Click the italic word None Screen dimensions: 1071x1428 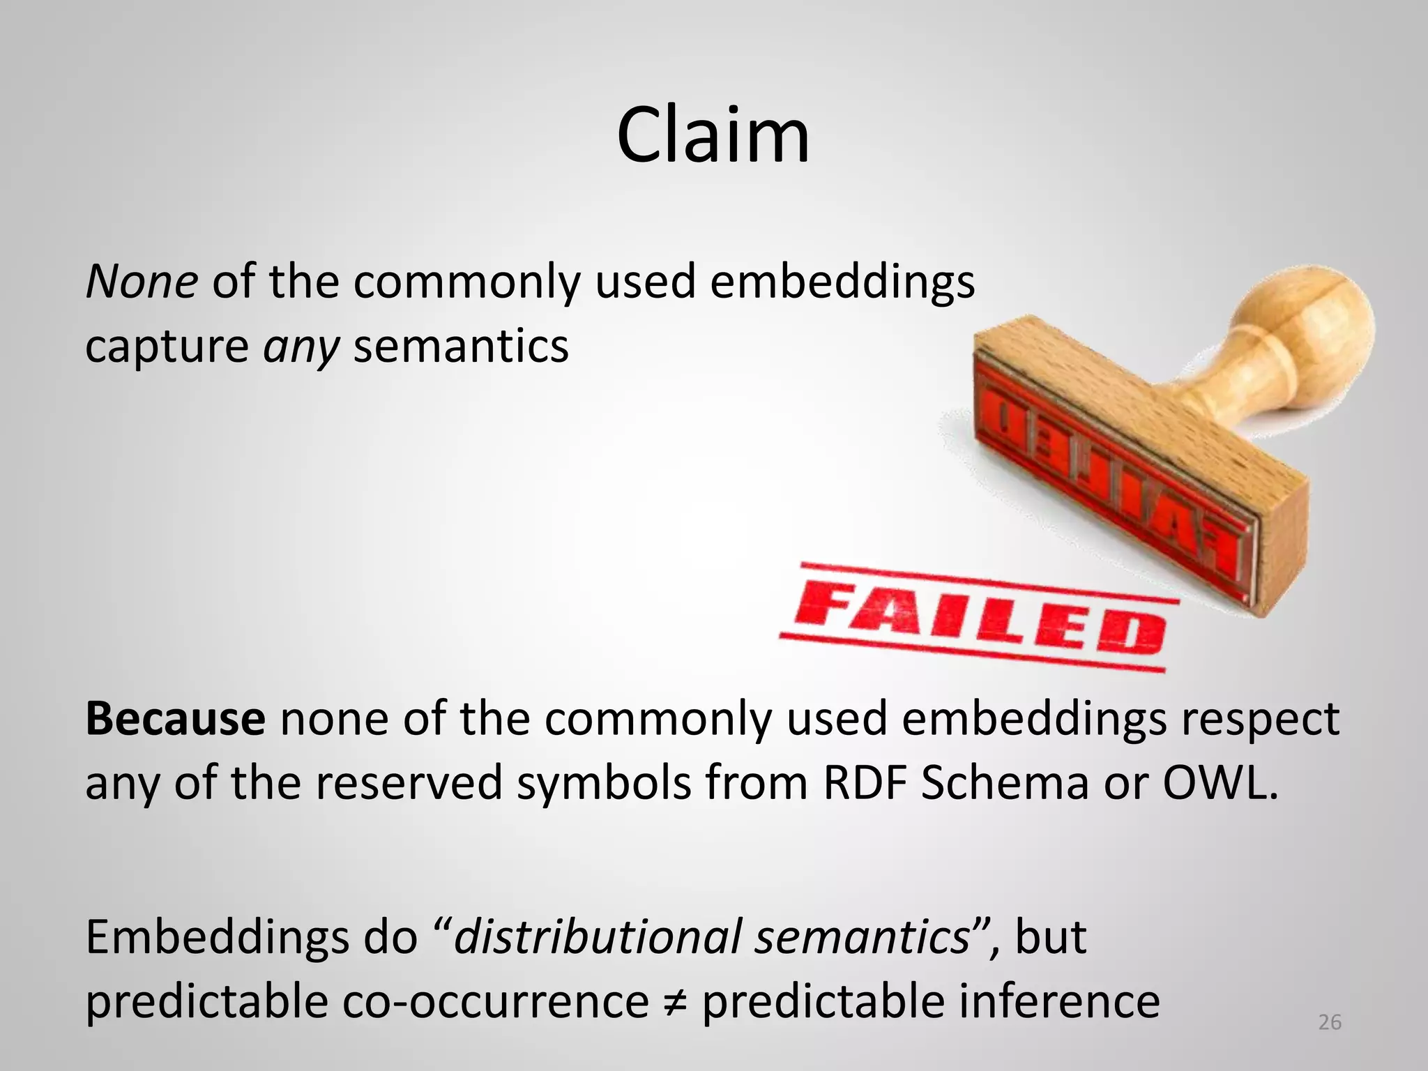coord(142,282)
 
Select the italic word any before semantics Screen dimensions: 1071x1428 coord(301,347)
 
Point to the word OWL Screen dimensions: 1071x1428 coord(1220,783)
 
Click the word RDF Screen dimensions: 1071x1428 coord(864,783)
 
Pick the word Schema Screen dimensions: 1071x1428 coord(1004,783)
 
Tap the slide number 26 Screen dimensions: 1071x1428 coord(1330,1022)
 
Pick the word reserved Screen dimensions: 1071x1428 coord(409,783)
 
